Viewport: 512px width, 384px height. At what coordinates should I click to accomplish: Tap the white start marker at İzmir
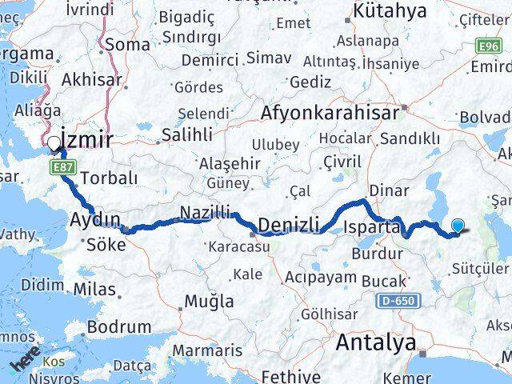[x=54, y=144]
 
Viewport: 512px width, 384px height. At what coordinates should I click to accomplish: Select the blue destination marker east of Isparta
[x=458, y=226]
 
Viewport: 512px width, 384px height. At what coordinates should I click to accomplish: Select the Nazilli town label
[x=205, y=212]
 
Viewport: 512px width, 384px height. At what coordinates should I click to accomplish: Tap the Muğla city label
[x=210, y=302]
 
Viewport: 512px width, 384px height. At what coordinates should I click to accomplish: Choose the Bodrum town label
[x=119, y=326]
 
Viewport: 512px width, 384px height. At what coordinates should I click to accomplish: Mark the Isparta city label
[x=371, y=227]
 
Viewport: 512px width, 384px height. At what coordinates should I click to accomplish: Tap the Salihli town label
[x=186, y=135]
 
